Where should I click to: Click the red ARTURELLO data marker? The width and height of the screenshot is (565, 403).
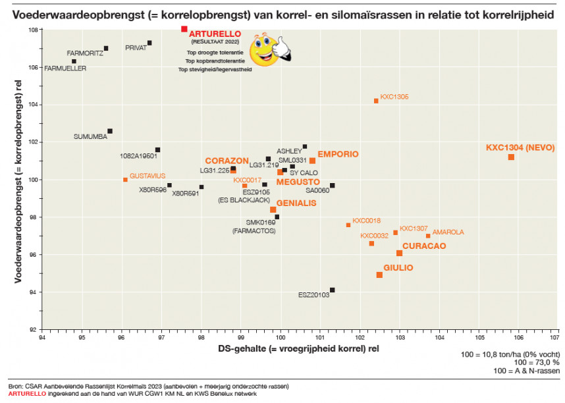pyautogui.click(x=184, y=29)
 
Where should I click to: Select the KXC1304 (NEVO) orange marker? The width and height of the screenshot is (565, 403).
pyautogui.click(x=511, y=157)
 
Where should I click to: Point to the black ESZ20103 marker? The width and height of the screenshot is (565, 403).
pyautogui.click(x=332, y=290)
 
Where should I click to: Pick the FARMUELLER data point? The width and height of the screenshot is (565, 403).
pyautogui.click(x=74, y=61)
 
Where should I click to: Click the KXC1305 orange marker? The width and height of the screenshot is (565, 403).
pyautogui.click(x=376, y=101)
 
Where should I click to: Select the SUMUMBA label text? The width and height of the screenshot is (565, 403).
pyautogui.click(x=90, y=137)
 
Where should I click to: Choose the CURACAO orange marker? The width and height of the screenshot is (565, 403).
pyautogui.click(x=399, y=253)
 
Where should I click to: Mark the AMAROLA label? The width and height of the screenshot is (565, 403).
pyautogui.click(x=448, y=232)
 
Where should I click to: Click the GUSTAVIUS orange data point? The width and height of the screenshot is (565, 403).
pyautogui.click(x=125, y=180)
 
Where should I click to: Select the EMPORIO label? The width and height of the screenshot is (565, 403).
pyautogui.click(x=338, y=154)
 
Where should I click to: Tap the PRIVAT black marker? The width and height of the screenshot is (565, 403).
pyautogui.click(x=149, y=43)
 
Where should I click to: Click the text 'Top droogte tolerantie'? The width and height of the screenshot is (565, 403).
pyautogui.click(x=215, y=51)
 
